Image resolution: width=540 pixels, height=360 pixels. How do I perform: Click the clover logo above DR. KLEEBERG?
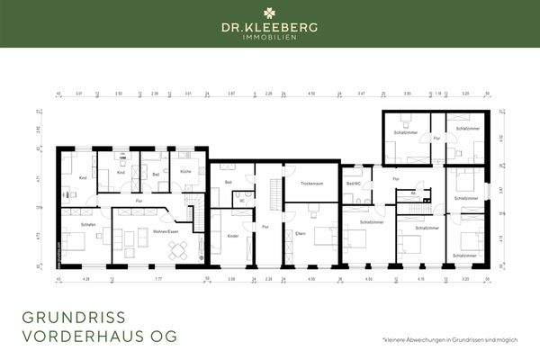pyautogui.click(x=270, y=13)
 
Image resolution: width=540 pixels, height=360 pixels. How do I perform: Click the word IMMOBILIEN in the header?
pyautogui.click(x=270, y=39)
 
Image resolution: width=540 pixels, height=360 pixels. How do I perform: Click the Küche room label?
pyautogui.click(x=185, y=170)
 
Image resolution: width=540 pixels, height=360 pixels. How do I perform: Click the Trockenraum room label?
pyautogui.click(x=310, y=182)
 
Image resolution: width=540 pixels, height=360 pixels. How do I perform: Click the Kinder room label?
pyautogui.click(x=232, y=235)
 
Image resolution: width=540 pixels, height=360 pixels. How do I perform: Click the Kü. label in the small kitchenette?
pyautogui.click(x=412, y=193)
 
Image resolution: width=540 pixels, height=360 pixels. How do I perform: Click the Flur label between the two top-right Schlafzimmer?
pyautogui.click(x=436, y=139)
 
